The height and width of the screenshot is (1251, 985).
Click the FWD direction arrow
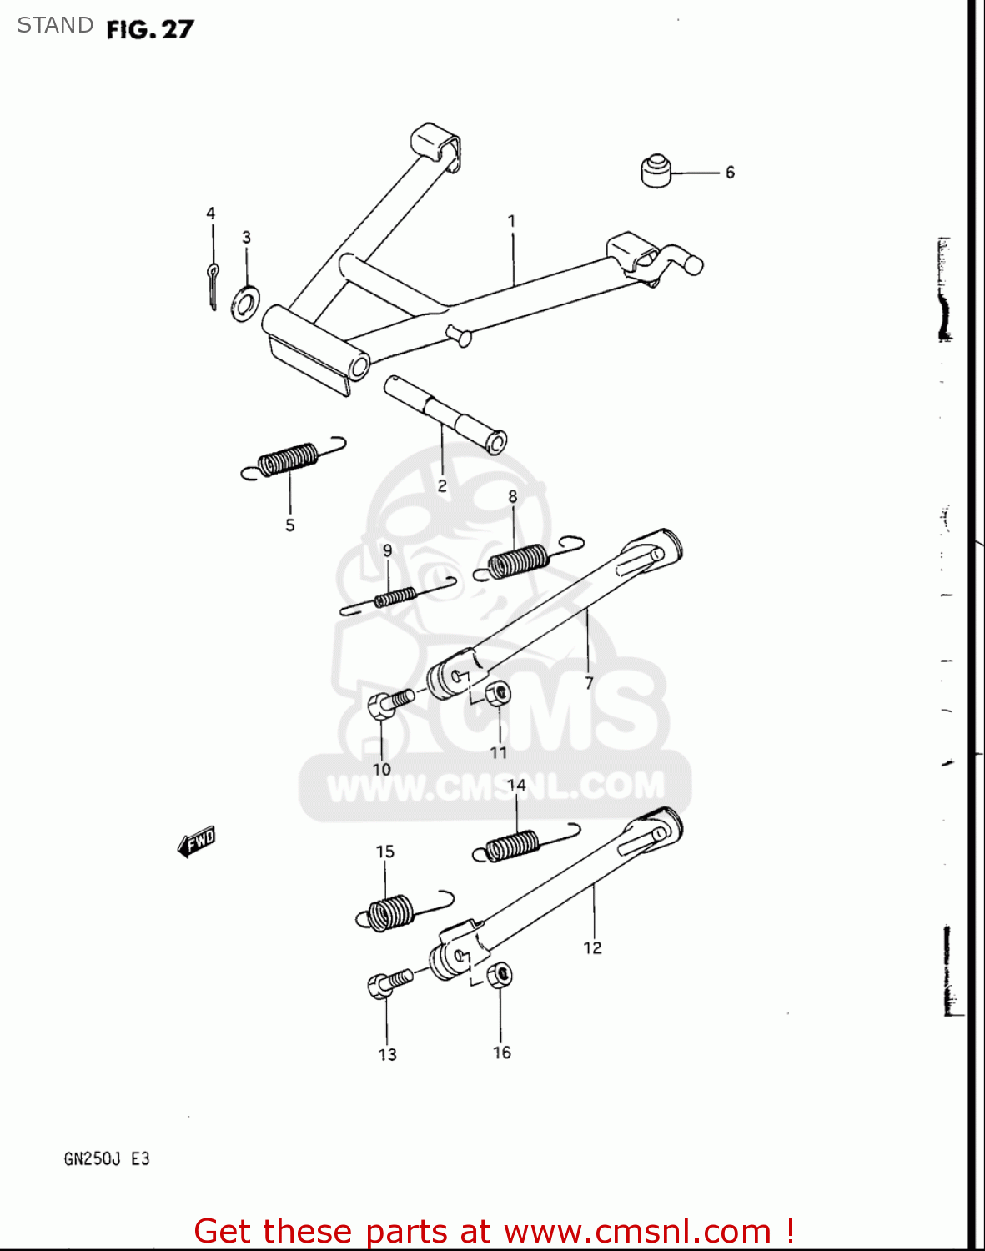[197, 842]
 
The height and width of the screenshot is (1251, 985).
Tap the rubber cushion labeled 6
[656, 171]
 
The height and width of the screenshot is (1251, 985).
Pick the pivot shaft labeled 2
[445, 414]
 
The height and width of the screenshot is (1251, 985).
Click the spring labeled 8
[526, 560]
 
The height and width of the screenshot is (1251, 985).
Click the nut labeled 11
[498, 694]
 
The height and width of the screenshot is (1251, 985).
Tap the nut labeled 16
[499, 975]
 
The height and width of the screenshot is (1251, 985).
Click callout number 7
[589, 683]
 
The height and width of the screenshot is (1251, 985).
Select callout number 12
[592, 948]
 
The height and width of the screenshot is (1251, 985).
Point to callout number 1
[512, 221]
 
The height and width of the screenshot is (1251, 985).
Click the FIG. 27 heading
[150, 29]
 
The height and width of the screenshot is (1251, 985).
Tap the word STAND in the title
[55, 25]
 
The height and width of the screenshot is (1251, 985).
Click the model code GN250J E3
[107, 1159]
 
